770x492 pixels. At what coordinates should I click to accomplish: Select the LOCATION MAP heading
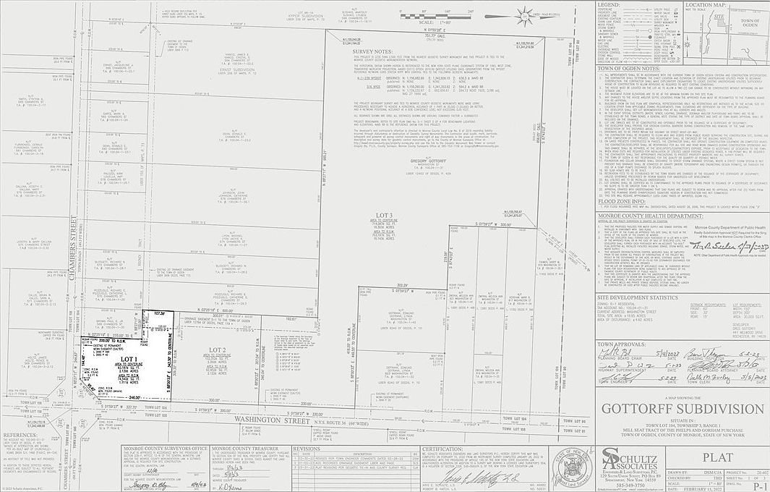pyautogui.click(x=706, y=5)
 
